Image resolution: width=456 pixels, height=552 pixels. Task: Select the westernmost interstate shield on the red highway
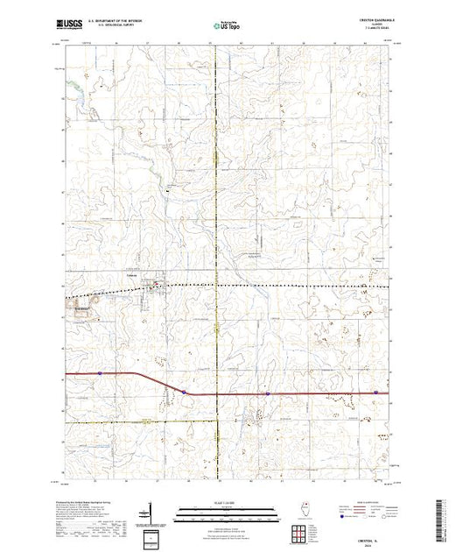click(101, 372)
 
